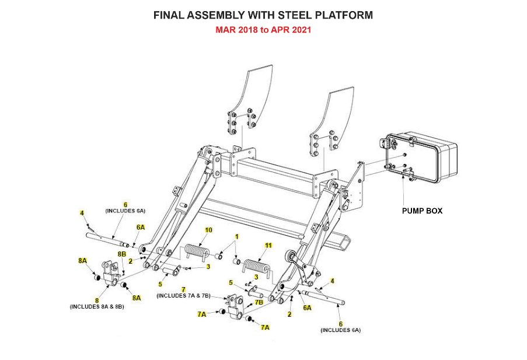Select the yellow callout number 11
(268, 246)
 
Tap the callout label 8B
(122, 254)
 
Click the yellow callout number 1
(237, 237)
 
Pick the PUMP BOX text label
(422, 211)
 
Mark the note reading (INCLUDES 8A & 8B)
(97, 306)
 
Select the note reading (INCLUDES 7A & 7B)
(184, 296)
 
